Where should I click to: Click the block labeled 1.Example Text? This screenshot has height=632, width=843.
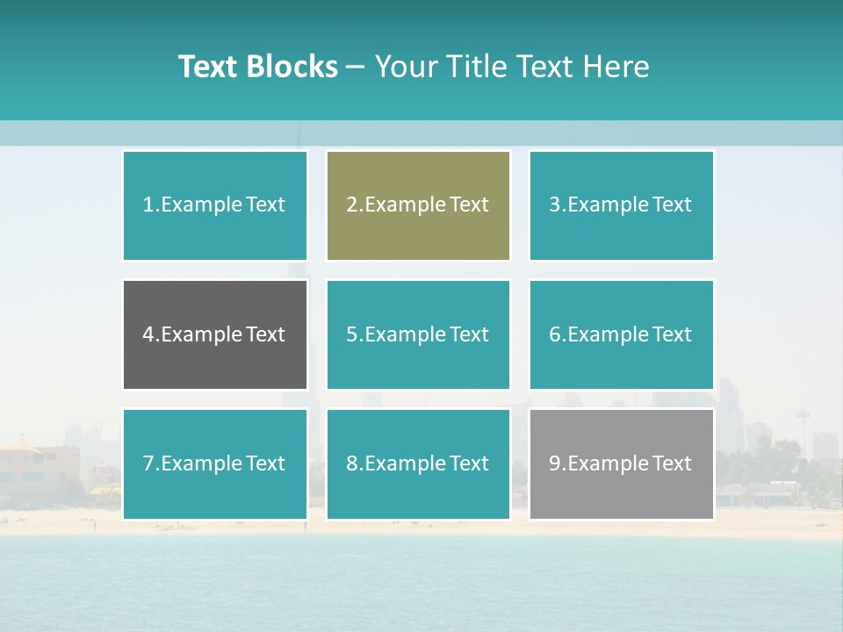214,205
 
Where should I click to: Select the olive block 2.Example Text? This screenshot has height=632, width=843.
418,205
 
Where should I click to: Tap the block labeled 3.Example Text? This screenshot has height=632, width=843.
621,205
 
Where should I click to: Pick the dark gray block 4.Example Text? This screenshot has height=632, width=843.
214,334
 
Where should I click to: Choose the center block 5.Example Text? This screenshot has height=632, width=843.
418,334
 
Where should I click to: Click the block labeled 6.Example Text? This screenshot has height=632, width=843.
621,334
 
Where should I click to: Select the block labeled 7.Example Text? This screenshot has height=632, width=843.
214,463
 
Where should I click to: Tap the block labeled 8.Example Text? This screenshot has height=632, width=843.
418,463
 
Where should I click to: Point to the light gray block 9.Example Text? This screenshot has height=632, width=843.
621,463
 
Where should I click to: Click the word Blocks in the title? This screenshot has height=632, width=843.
292,67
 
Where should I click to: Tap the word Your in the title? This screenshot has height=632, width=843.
405,67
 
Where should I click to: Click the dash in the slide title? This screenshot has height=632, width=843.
357,67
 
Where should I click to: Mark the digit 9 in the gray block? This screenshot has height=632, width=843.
555,463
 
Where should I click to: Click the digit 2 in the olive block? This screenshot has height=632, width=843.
351,205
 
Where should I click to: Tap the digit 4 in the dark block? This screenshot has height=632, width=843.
148,334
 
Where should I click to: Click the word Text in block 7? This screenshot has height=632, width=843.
265,463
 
